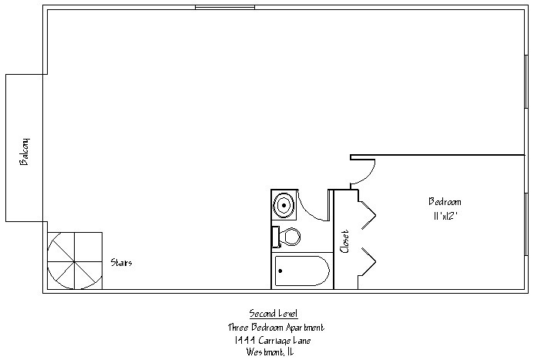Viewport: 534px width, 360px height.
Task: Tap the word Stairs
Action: coord(121,263)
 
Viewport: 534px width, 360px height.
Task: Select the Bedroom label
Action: coord(445,202)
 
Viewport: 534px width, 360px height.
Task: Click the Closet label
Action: coord(344,241)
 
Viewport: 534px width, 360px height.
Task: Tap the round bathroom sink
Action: coord(284,206)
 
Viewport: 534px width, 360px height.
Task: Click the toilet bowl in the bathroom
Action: coord(291,237)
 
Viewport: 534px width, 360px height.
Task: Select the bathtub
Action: coord(302,271)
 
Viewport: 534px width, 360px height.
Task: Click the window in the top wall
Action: coord(224,8)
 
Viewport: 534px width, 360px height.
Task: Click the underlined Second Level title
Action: coord(274,313)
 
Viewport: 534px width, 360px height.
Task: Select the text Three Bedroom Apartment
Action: coord(275,327)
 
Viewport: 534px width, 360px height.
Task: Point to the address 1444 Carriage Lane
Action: coord(275,340)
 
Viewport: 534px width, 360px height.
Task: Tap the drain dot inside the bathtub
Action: coord(280,271)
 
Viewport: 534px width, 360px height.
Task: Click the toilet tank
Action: coord(275,237)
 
